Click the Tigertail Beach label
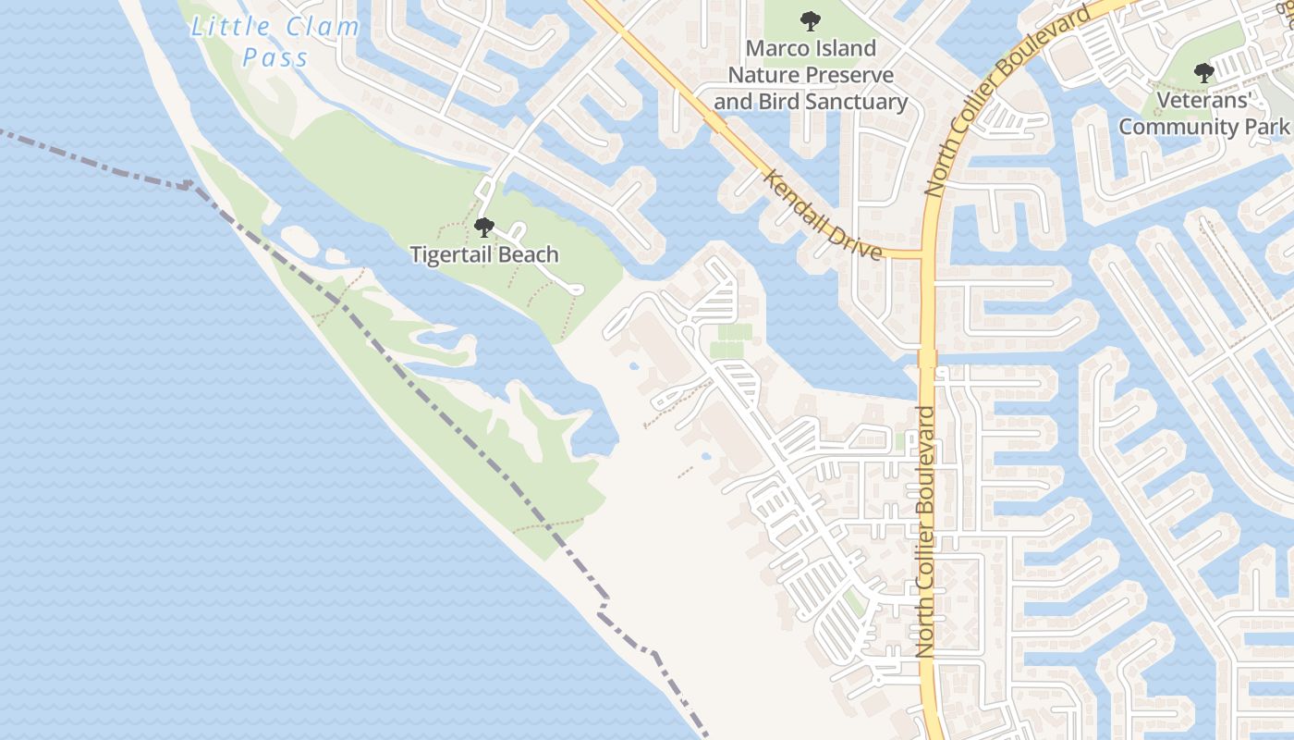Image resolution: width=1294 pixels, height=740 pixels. tap(484, 254)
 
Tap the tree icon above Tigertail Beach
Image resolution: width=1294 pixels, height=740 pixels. tap(483, 227)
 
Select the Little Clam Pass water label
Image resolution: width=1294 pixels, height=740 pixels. tap(275, 42)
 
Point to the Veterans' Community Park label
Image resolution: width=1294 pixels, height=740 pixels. tap(1203, 113)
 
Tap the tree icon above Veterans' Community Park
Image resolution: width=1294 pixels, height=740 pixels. tap(1203, 72)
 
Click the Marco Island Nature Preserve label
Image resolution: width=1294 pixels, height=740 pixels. tap(811, 74)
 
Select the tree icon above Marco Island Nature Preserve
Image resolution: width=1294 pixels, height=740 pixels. tap(811, 20)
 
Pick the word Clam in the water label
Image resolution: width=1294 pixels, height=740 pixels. tap(322, 27)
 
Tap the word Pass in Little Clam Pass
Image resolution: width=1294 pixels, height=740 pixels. tap(275, 57)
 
